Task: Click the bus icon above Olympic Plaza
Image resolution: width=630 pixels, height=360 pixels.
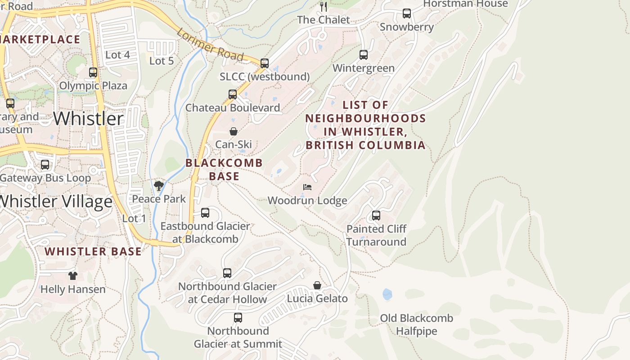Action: pos(93,72)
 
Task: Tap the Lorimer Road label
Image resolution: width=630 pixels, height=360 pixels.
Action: pos(210,45)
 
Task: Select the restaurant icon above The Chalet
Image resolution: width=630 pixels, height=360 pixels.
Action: pos(323,6)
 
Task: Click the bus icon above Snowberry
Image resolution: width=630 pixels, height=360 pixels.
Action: pos(407,13)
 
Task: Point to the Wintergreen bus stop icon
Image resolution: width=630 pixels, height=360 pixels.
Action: pos(364,55)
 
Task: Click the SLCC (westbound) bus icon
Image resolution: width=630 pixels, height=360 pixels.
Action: pos(265,63)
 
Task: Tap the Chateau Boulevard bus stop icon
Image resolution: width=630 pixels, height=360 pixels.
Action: pos(233,94)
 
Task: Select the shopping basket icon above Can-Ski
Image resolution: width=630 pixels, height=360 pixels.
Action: pos(234,131)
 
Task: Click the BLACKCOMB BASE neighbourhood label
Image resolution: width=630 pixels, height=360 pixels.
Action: pos(224,169)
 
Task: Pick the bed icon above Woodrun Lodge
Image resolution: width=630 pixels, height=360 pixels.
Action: pos(307,187)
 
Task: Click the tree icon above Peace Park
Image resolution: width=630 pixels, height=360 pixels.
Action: pos(158,185)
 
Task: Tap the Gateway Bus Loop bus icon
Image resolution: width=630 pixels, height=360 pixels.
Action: pos(45,165)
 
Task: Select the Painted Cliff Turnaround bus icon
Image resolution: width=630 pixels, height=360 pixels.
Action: pos(376,216)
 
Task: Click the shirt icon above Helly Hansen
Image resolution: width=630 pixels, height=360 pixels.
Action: pos(73,276)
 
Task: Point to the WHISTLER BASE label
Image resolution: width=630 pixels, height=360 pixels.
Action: pos(93,252)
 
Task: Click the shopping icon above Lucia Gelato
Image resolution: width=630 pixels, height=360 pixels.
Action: pos(317,285)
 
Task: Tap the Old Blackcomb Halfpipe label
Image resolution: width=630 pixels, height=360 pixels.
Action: pos(416,324)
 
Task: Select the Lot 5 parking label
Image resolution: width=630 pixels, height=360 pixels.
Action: pos(162,61)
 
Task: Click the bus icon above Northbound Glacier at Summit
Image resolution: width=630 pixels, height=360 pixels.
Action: pos(238,318)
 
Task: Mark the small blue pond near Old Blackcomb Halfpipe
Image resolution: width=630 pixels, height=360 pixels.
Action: pos(387,295)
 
